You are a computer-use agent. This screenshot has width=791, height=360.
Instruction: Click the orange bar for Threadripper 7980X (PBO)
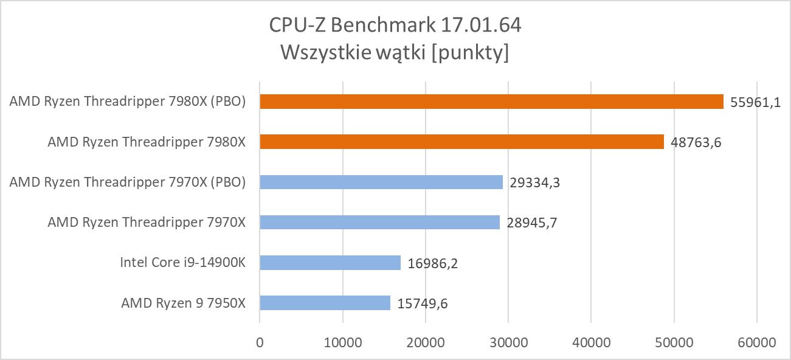(x=491, y=102)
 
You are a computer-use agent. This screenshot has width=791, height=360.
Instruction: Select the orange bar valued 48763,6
(x=461, y=142)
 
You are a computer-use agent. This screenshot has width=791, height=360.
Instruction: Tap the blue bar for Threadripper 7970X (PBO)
(x=381, y=182)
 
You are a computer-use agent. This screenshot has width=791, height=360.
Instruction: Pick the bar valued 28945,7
(x=379, y=222)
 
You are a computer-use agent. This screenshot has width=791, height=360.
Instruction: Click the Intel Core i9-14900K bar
(x=330, y=263)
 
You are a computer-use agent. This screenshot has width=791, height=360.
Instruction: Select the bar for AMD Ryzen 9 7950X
(x=325, y=303)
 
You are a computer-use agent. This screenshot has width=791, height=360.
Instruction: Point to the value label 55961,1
(x=755, y=102)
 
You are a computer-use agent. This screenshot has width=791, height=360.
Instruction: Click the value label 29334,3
(x=534, y=182)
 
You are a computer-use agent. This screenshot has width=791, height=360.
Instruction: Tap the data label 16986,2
(x=432, y=263)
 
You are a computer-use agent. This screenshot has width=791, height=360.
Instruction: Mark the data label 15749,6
(x=423, y=303)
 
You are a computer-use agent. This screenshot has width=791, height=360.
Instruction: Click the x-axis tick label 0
(x=260, y=342)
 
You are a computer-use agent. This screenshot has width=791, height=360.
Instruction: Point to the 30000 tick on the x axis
(x=508, y=342)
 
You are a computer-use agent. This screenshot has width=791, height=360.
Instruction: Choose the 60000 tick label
(x=756, y=342)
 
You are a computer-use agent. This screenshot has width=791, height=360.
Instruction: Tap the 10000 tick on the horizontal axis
(x=342, y=342)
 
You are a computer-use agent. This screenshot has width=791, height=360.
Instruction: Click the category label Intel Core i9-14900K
(x=182, y=263)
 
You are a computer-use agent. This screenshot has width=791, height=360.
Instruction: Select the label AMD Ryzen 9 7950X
(x=183, y=303)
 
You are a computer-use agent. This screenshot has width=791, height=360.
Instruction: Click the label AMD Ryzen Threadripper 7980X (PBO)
(x=128, y=102)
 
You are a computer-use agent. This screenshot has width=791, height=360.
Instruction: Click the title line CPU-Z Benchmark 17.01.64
(x=395, y=26)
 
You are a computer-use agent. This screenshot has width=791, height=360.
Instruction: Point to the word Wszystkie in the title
(x=319, y=54)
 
